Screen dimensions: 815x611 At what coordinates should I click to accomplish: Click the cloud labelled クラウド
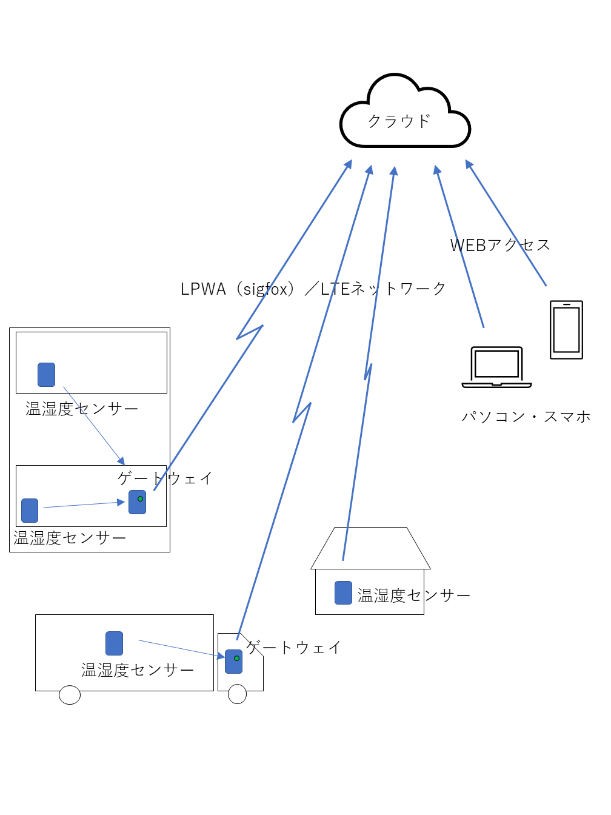click(405, 118)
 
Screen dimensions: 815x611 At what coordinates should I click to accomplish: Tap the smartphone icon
click(566, 330)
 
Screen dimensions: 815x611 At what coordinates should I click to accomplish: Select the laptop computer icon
click(496, 367)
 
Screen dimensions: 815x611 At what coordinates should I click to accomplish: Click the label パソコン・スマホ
click(526, 417)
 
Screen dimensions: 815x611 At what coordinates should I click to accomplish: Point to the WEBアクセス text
click(500, 245)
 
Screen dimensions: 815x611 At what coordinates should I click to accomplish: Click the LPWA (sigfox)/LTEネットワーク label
click(313, 289)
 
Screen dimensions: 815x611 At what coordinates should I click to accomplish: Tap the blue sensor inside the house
click(344, 592)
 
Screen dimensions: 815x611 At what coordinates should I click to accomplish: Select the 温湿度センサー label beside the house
click(414, 595)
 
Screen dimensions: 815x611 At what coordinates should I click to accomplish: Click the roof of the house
click(370, 548)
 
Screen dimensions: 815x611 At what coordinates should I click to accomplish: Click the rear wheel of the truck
click(70, 695)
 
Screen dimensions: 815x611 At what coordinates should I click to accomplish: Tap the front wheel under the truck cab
click(237, 694)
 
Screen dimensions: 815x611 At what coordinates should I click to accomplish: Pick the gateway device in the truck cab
click(234, 661)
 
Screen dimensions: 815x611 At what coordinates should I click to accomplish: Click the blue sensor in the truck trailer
click(115, 643)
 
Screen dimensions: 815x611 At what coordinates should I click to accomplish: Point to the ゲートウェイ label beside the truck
click(293, 647)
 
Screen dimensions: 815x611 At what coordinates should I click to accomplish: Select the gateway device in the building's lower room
click(138, 502)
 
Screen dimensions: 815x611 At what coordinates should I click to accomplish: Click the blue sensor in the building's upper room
click(47, 375)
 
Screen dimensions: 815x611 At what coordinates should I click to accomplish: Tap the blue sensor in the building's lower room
click(30, 511)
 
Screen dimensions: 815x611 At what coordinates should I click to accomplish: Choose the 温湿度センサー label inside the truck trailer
click(138, 670)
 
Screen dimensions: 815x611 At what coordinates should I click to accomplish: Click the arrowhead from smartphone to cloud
click(469, 164)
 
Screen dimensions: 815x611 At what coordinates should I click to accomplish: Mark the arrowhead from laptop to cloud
click(436, 170)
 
